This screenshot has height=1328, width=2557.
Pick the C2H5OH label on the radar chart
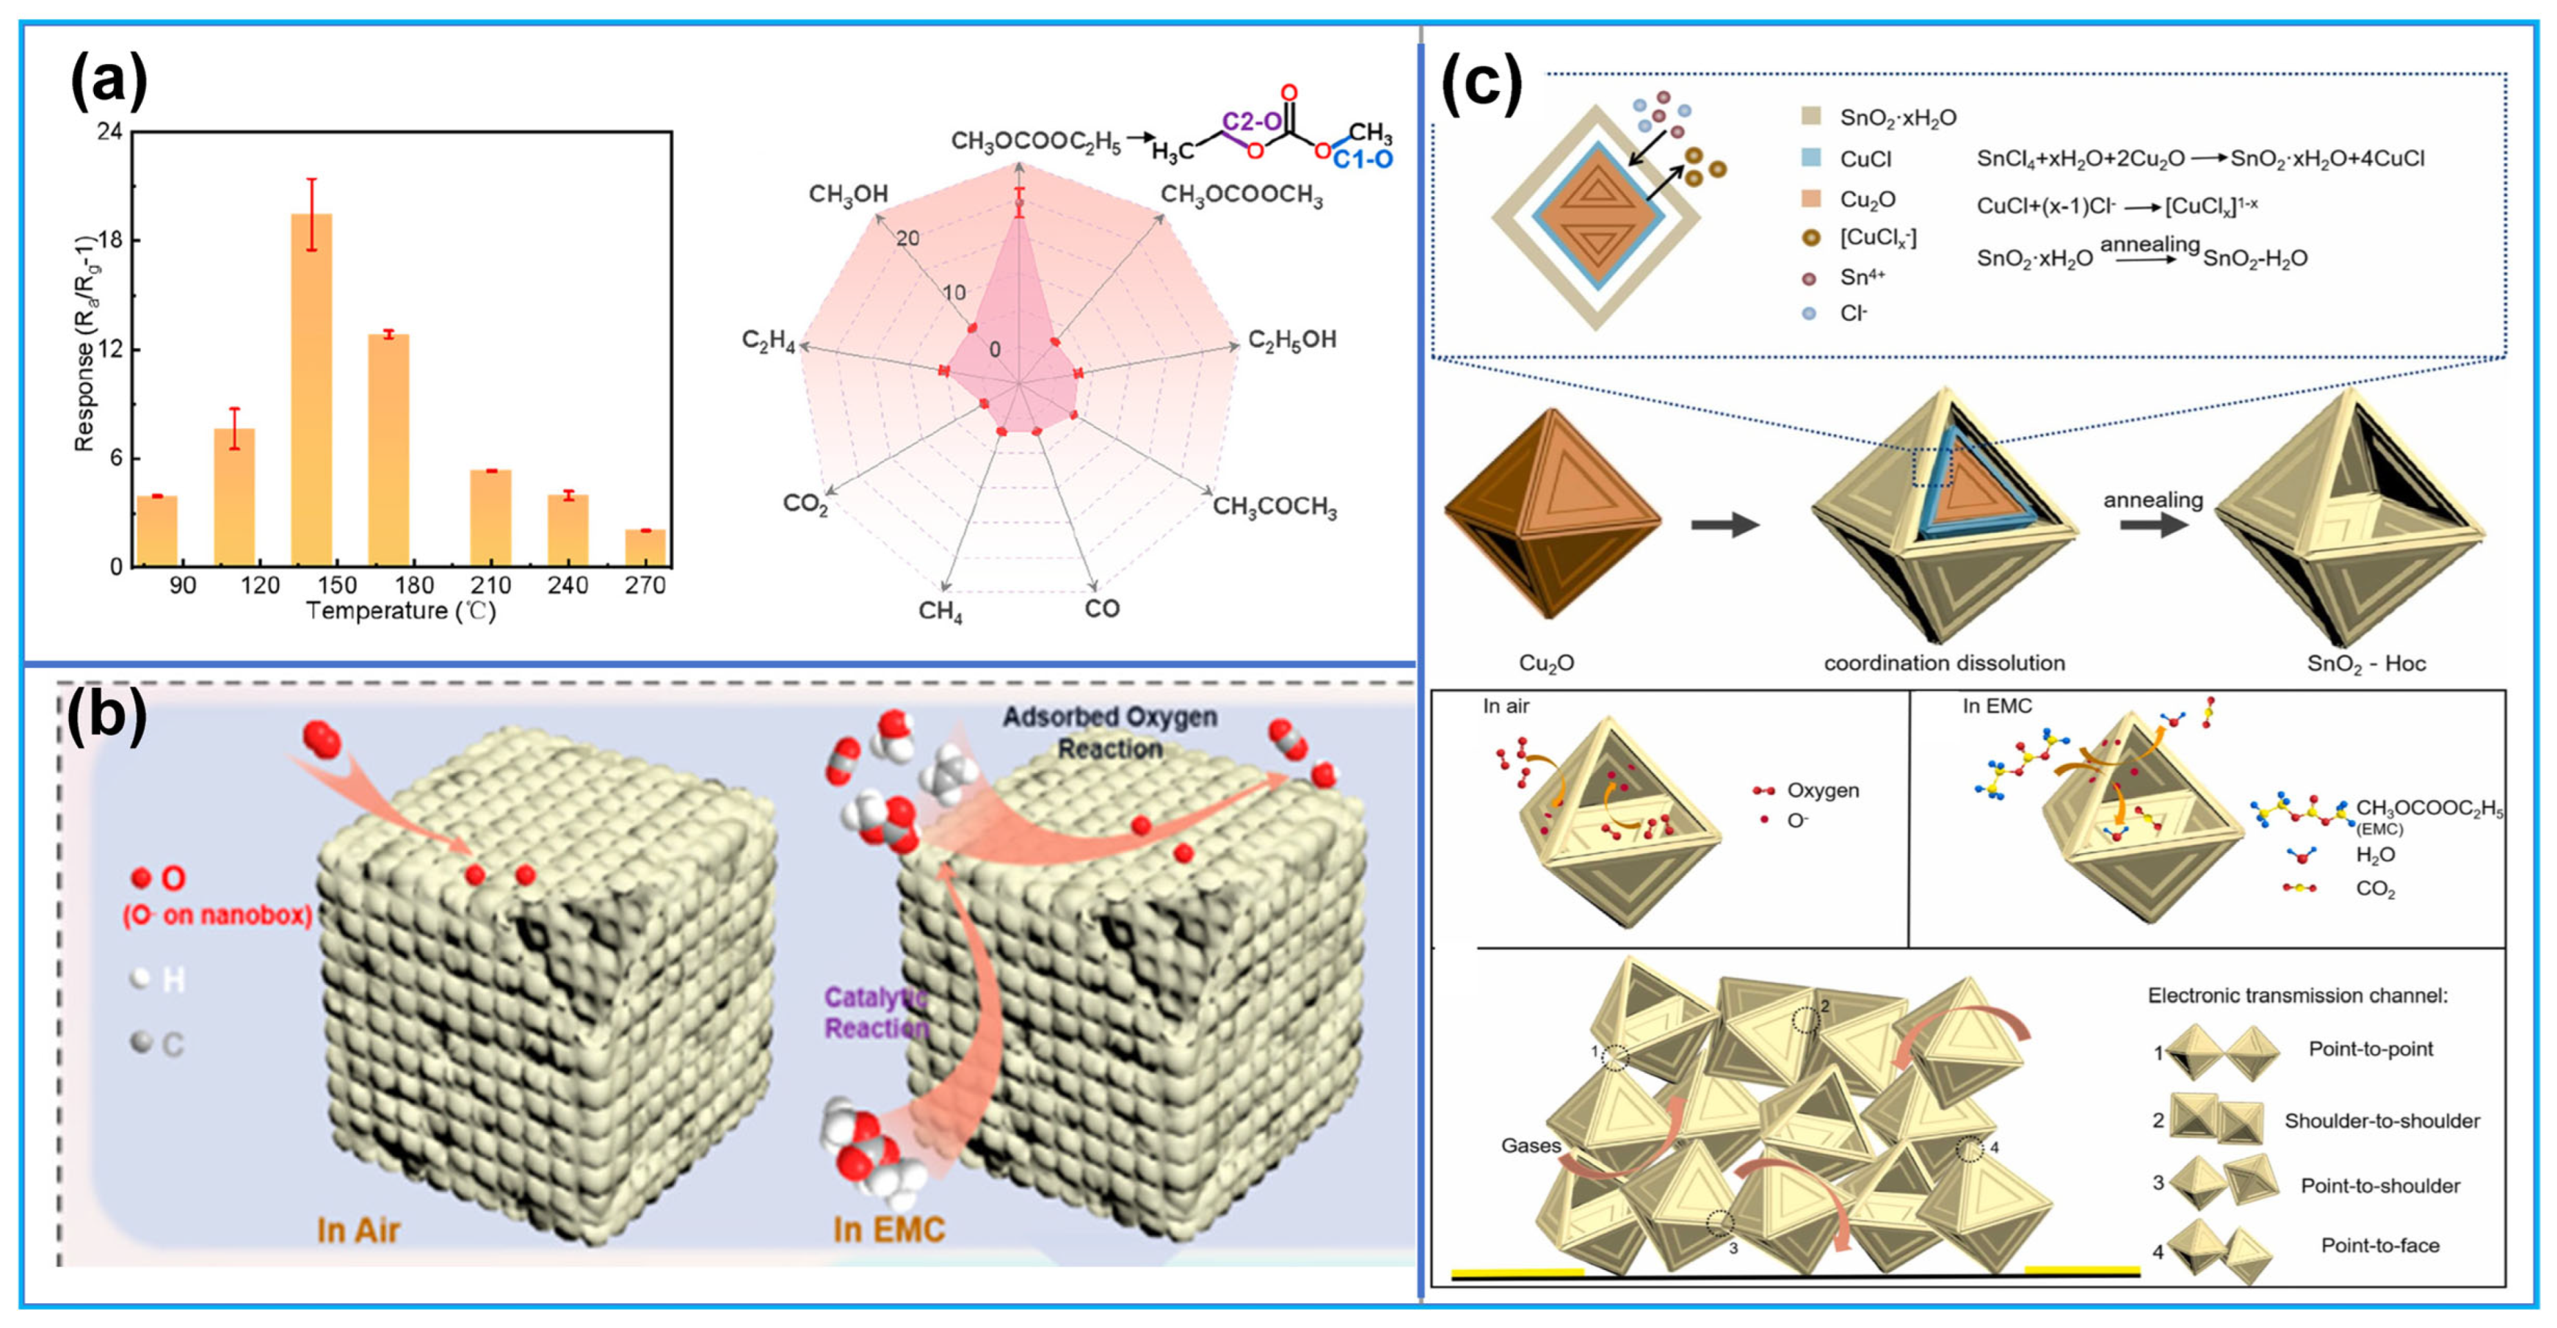1291,340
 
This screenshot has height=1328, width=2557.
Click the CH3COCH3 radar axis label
1275,507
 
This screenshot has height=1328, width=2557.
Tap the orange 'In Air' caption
358,1231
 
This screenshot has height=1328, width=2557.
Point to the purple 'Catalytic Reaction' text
876,1013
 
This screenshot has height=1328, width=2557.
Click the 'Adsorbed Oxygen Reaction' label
1110,732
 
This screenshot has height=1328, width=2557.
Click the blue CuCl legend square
1811,159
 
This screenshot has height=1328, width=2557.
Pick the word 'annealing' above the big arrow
2152,500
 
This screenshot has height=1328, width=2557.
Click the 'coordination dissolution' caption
1944,663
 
